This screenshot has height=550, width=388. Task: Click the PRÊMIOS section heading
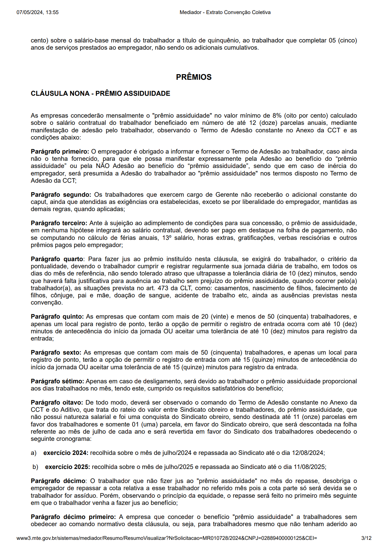pyautogui.click(x=194, y=77)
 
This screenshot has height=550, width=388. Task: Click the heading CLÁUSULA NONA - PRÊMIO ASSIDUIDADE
pyautogui.click(x=101, y=93)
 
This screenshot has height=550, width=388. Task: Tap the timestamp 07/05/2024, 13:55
pyautogui.click(x=38, y=12)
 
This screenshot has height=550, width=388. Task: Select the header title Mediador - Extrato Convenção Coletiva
pyautogui.click(x=225, y=12)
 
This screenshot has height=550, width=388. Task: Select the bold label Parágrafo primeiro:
pyautogui.click(x=60, y=152)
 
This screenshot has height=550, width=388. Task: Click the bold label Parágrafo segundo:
pyautogui.click(x=61, y=195)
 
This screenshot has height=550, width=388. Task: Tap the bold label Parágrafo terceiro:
pyautogui.click(x=59, y=223)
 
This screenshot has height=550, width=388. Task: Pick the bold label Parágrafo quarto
pyautogui.click(x=57, y=259)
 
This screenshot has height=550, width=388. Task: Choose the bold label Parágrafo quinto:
pyautogui.click(x=57, y=317)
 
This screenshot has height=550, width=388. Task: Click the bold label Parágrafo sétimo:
pyautogui.click(x=57, y=381)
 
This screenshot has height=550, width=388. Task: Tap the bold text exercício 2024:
pyautogui.click(x=66, y=453)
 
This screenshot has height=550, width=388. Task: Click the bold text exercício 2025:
pyautogui.click(x=67, y=467)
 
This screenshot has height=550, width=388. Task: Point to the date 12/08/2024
pyautogui.click(x=308, y=453)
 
